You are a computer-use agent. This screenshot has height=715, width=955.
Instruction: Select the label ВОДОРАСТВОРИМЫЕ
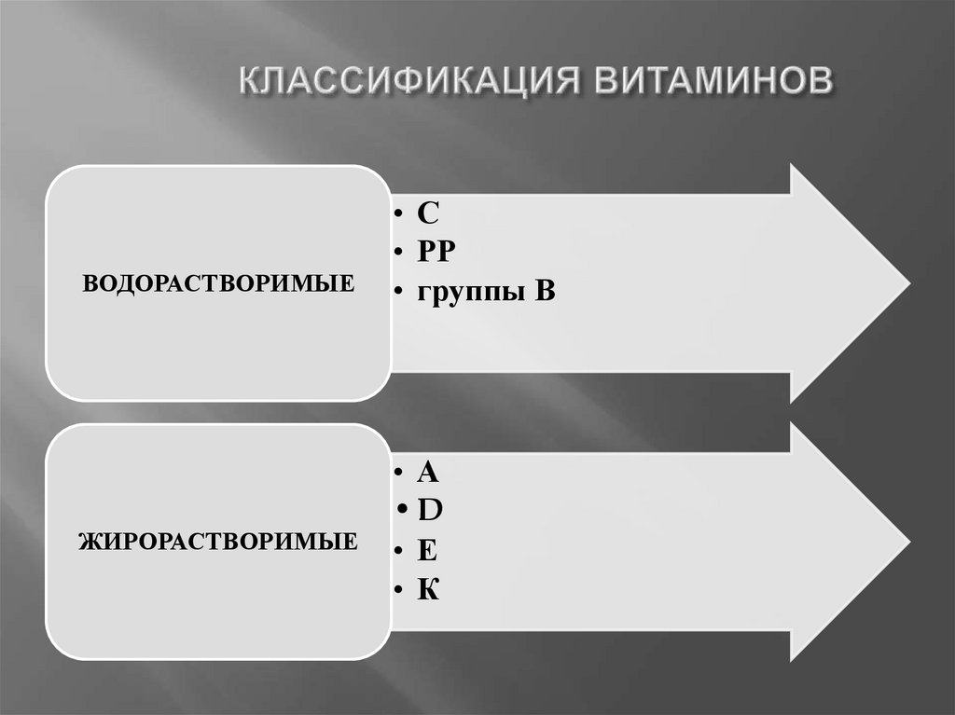(218, 282)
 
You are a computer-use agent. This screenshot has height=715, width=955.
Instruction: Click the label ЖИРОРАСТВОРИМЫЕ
(218, 540)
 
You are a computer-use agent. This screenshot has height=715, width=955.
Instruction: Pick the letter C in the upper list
(427, 213)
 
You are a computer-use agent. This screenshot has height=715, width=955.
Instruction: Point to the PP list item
(436, 253)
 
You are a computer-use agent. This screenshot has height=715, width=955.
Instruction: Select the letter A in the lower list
(427, 472)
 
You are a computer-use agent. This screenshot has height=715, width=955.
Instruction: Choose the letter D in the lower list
(429, 511)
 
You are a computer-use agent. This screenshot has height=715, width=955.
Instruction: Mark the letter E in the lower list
(427, 550)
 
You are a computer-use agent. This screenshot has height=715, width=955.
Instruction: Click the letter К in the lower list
(428, 589)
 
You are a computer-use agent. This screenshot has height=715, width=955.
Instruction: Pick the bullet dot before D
(402, 512)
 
